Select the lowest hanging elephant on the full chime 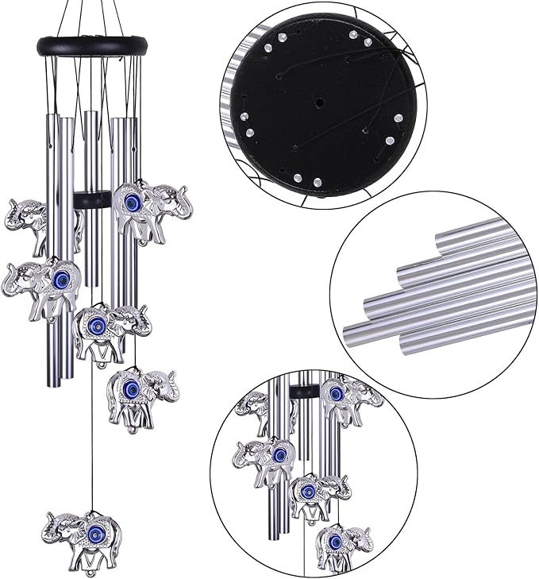83,534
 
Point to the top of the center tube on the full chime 92,115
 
